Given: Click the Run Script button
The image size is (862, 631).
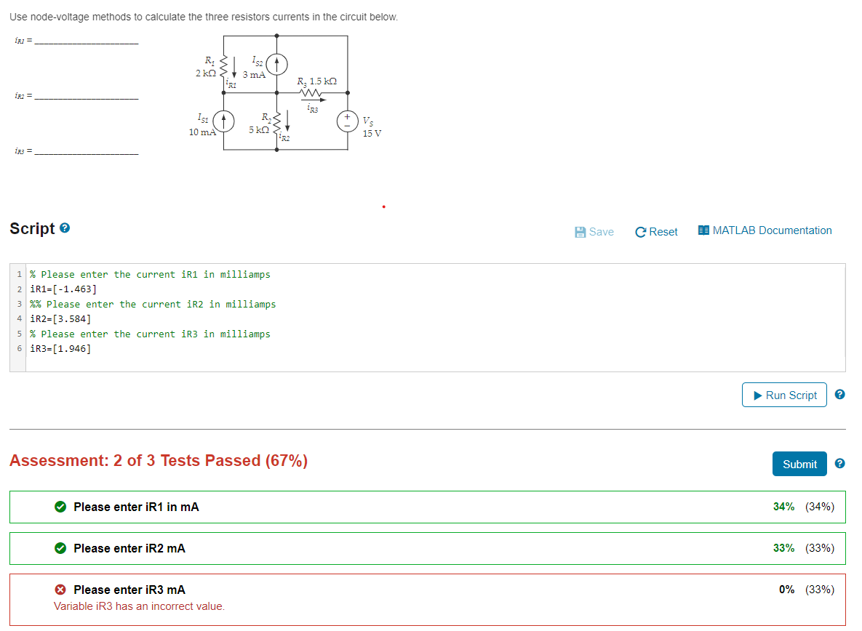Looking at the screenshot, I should [784, 395].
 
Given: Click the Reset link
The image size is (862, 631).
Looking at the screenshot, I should [656, 232].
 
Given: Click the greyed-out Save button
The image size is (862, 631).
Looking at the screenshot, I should [594, 232].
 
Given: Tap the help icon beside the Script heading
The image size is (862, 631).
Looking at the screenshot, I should [65, 228].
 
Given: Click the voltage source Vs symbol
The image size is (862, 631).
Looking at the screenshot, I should [347, 121].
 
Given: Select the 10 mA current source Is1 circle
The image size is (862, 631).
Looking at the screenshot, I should [224, 121].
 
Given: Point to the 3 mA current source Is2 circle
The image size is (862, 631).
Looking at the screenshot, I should [276, 64].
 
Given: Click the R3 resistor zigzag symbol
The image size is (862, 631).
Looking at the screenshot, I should [311, 92].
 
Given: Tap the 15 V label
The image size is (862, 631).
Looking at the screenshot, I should [372, 134].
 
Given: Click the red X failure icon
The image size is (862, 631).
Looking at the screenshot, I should [60, 590].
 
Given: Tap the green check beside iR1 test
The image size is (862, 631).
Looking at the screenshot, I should [60, 507].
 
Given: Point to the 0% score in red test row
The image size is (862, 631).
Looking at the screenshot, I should [786, 590].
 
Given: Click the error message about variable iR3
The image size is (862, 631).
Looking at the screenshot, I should [139, 606].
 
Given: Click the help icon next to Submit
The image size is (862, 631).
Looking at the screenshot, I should [840, 464].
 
